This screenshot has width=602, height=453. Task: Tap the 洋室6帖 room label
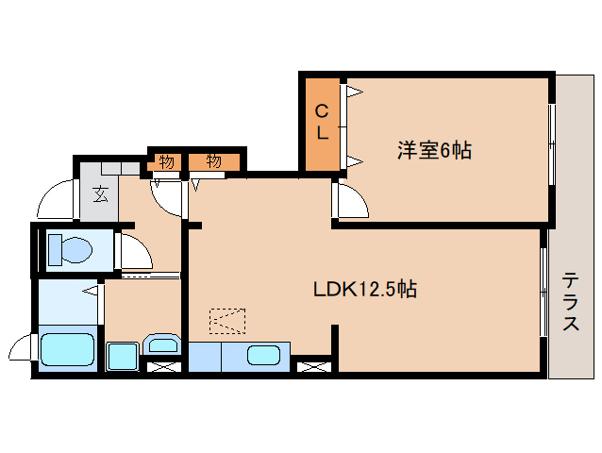433,149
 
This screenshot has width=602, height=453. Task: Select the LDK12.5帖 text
365,290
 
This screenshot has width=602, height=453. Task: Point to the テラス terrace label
571,302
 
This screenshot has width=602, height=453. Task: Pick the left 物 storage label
166,161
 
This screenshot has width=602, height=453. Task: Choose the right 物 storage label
213,161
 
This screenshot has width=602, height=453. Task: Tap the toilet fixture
70,250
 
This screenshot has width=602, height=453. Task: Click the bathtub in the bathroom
67,353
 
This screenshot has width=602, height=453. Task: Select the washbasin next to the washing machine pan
163,345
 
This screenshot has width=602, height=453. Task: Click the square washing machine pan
122,357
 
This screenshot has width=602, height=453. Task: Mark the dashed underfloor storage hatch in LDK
226,322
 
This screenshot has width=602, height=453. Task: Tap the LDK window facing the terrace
543,293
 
